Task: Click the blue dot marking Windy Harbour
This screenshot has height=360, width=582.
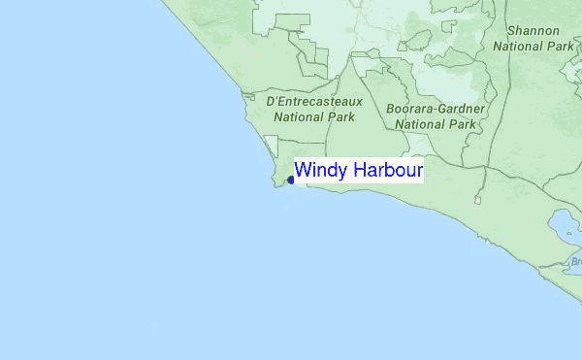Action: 291,180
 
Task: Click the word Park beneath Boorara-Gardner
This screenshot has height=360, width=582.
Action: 463,124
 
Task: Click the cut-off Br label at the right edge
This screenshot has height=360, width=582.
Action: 575,262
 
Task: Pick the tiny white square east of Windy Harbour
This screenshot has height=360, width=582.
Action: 477,201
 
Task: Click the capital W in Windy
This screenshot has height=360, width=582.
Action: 303,171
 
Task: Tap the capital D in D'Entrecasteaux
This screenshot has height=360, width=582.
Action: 271,101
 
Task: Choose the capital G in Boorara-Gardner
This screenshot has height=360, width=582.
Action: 443,109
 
